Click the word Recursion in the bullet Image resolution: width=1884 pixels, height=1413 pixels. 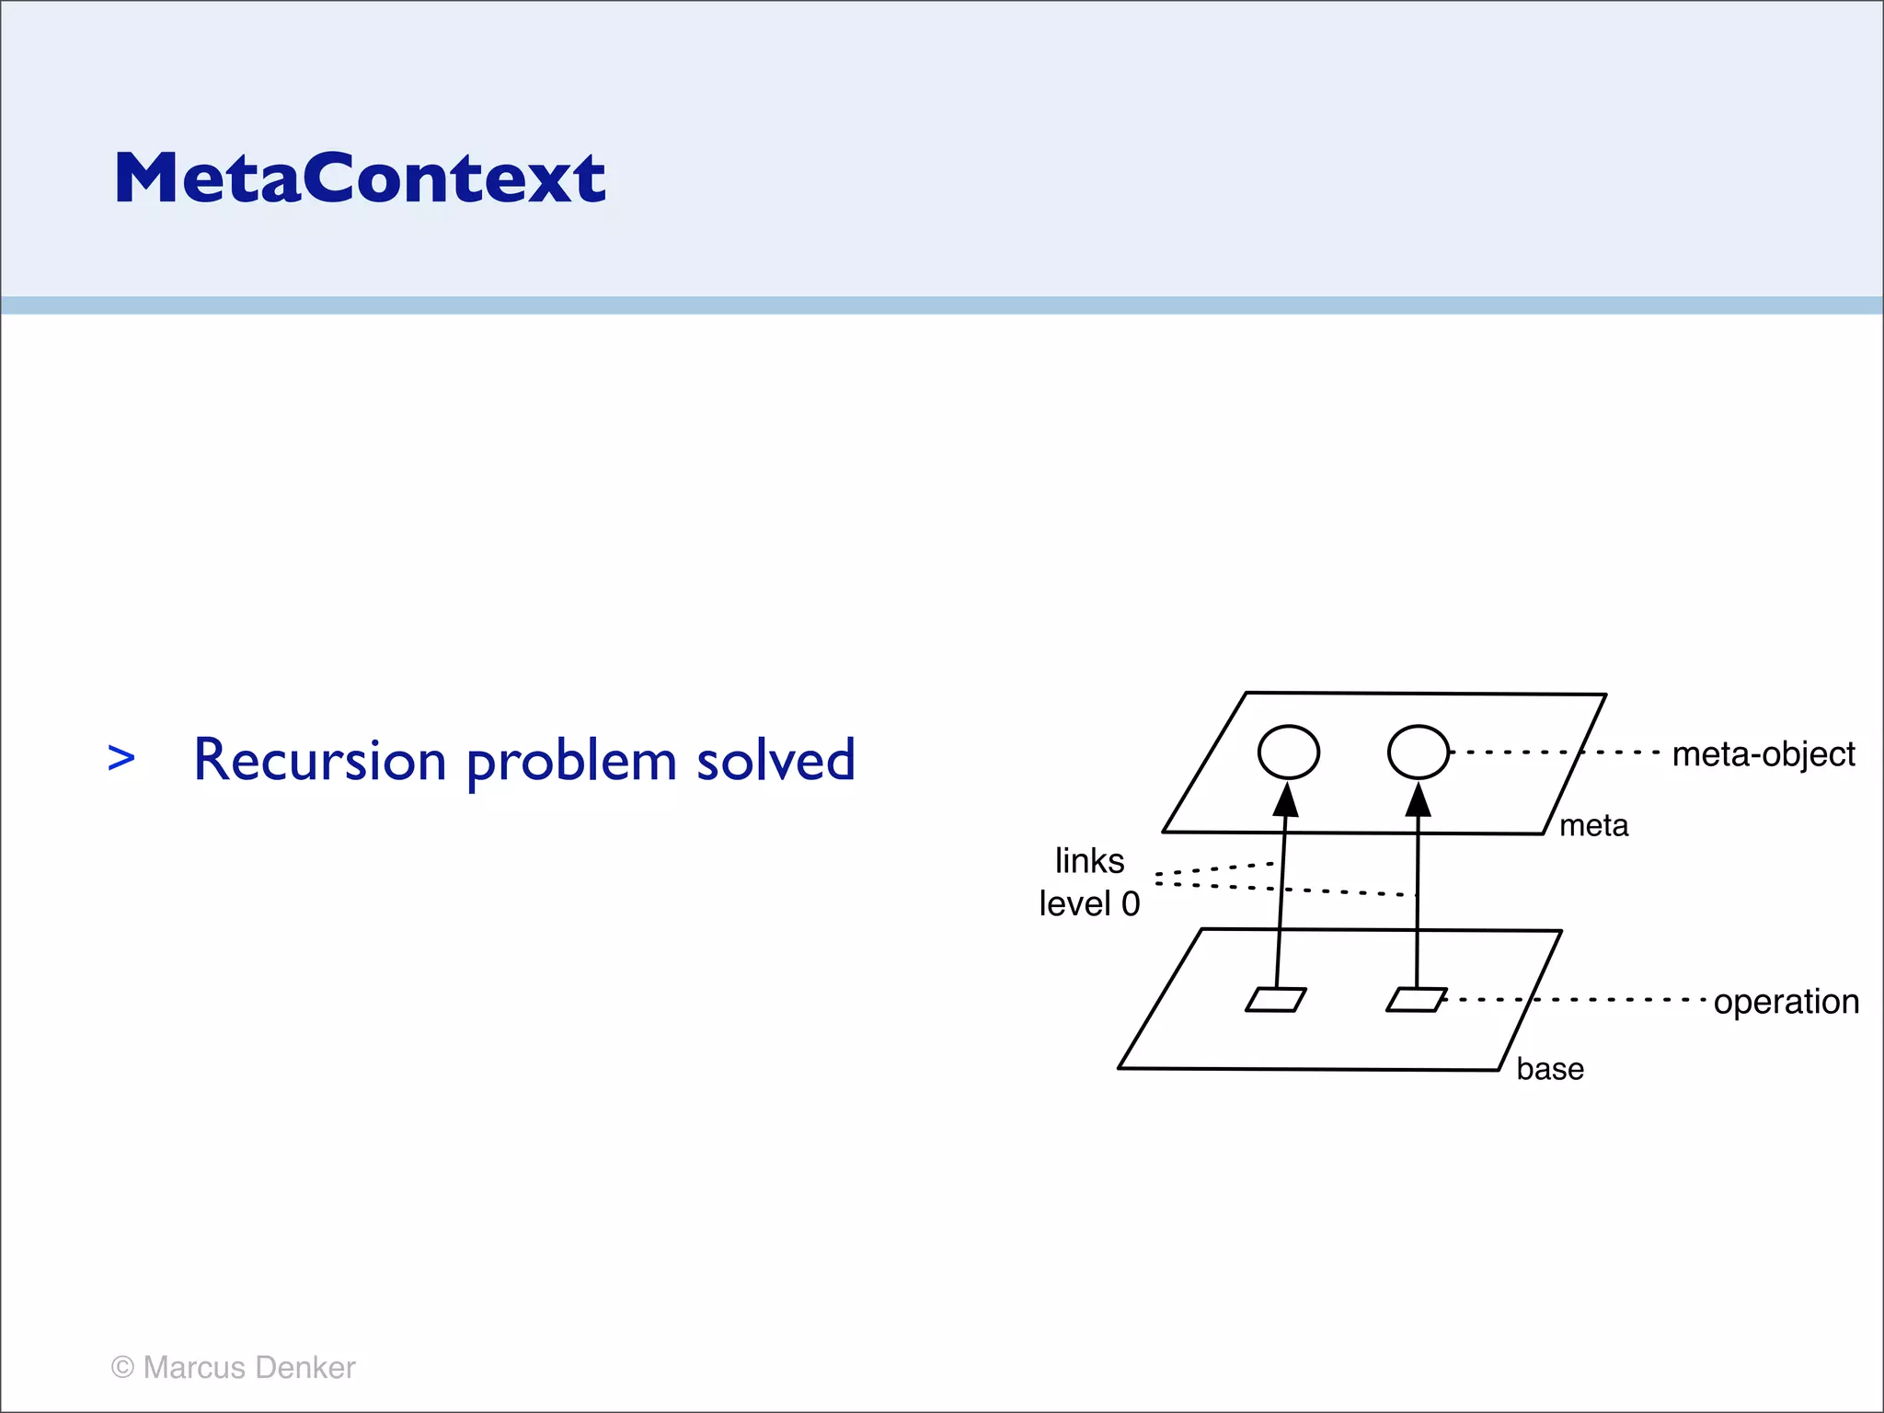click(319, 761)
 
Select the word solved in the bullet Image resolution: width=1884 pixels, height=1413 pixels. click(775, 761)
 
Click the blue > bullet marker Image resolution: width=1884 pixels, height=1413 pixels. click(121, 759)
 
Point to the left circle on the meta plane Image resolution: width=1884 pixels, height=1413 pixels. click(1288, 752)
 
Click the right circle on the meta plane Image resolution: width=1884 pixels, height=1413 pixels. click(1418, 752)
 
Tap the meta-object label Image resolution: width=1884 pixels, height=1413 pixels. click(1763, 754)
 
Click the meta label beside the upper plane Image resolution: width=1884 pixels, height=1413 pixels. click(1593, 826)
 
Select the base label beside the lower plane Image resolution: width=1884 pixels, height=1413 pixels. click(1550, 1069)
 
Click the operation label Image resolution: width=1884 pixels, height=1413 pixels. click(1786, 1001)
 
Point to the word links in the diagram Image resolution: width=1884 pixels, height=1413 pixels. click(1089, 861)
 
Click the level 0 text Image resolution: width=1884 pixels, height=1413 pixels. click(1089, 903)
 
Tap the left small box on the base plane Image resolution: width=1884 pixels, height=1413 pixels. click(1275, 1000)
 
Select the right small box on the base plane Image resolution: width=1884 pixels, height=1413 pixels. click(1416, 1000)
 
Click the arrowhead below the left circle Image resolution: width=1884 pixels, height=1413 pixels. click(1286, 800)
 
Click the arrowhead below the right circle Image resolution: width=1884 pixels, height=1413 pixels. click(1419, 800)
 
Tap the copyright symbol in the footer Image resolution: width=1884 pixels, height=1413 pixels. click(122, 1368)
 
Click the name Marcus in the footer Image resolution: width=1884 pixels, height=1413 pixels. click(194, 1368)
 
